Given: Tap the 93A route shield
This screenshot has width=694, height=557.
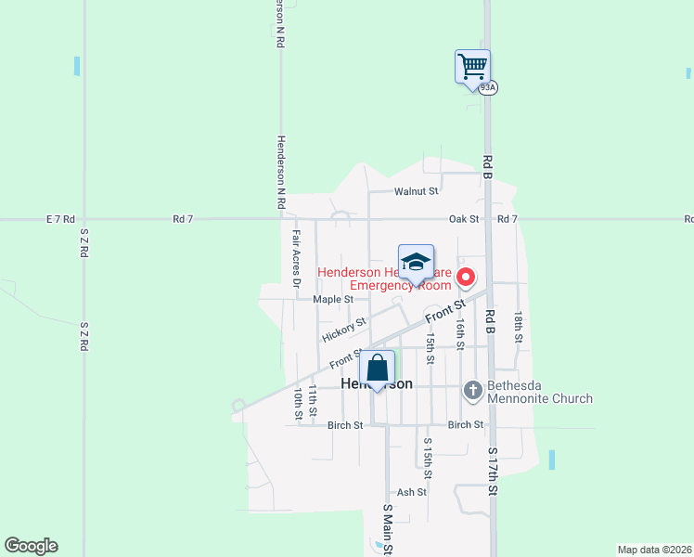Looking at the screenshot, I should point(489,87).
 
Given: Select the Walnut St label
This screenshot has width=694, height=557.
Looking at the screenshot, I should point(415,191).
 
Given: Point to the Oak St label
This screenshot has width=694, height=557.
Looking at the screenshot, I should point(463,219).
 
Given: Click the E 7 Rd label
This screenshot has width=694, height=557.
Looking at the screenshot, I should point(58,219).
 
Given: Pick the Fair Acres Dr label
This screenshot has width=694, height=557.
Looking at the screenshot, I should point(297,255).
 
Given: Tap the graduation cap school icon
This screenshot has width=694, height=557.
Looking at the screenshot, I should point(416,262).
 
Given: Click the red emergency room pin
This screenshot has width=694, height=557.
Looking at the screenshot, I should point(467,278).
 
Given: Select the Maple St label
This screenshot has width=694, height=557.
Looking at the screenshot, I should point(333,300).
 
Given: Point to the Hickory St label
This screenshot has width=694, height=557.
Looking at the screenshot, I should point(342,328).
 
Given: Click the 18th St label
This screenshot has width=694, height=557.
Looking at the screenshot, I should point(520,327).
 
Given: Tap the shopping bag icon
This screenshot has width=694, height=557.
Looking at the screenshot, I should point(377,369).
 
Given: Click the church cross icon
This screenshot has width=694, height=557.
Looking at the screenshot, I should point(472,391).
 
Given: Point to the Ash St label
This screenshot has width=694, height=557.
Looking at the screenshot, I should point(411,492).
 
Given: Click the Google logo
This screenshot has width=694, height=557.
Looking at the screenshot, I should point(31,546).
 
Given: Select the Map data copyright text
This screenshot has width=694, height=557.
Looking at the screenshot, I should point(653,550).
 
